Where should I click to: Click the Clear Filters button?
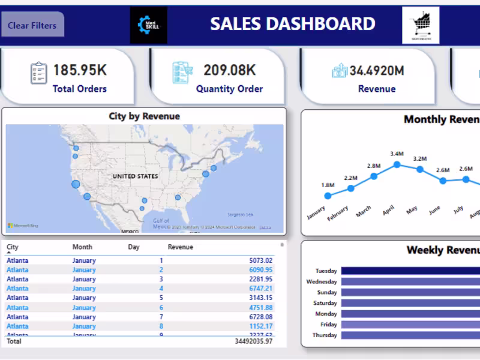(32, 25)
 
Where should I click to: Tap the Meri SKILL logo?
(149, 25)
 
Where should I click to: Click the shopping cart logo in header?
(421, 25)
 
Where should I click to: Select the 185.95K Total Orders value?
(80, 70)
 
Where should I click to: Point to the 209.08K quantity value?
(230, 70)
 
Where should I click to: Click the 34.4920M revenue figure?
(377, 71)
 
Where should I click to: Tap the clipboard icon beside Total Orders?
(38, 73)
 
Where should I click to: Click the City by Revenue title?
(144, 116)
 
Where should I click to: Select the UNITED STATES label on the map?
(136, 176)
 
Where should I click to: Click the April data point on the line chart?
(397, 164)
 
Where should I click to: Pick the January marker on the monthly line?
(328, 196)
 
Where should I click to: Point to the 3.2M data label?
(419, 159)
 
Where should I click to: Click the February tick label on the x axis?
(338, 214)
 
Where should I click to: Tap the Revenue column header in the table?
(181, 247)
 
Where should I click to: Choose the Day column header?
(134, 247)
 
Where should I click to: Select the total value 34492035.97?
(253, 341)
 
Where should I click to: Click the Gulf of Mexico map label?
(161, 223)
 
